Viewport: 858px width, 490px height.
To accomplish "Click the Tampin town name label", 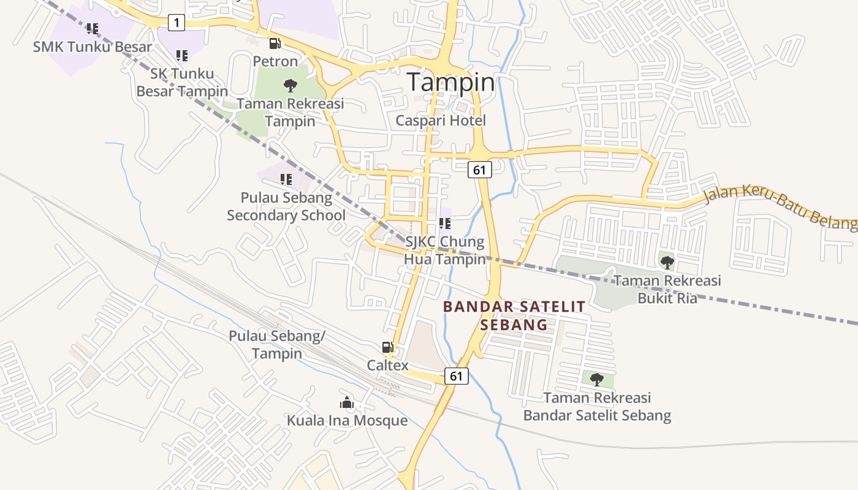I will pos(450,82).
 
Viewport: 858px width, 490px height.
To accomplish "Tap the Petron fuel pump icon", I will pos(275,43).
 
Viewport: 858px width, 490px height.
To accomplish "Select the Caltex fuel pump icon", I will pos(387,347).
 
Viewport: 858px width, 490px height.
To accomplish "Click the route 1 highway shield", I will pos(177,23).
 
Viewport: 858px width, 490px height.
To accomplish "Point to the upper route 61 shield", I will pos(479,170).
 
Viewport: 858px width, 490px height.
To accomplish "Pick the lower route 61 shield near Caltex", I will pos(456,376).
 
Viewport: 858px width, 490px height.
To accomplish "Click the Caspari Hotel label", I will pos(440,121).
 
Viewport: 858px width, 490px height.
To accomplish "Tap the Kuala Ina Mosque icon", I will pos(347,402).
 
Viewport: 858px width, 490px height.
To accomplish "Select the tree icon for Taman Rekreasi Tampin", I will pos(290,86).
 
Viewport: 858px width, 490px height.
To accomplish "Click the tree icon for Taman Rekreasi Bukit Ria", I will pos(667,263).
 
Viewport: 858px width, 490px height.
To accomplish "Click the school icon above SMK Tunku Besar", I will pos(92,28).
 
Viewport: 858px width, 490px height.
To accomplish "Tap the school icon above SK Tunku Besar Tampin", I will pos(181,56).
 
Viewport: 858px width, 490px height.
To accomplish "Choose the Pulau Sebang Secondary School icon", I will pos(286,179).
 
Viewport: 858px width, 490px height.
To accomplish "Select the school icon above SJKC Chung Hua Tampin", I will pos(445,224).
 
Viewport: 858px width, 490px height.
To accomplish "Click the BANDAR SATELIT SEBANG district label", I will pos(514,315).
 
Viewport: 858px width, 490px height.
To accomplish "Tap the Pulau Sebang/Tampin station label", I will pos(276,345).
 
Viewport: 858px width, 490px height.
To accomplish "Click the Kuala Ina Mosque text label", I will pos(347,421).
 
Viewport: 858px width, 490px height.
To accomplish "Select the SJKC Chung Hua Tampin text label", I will pos(444,251).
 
